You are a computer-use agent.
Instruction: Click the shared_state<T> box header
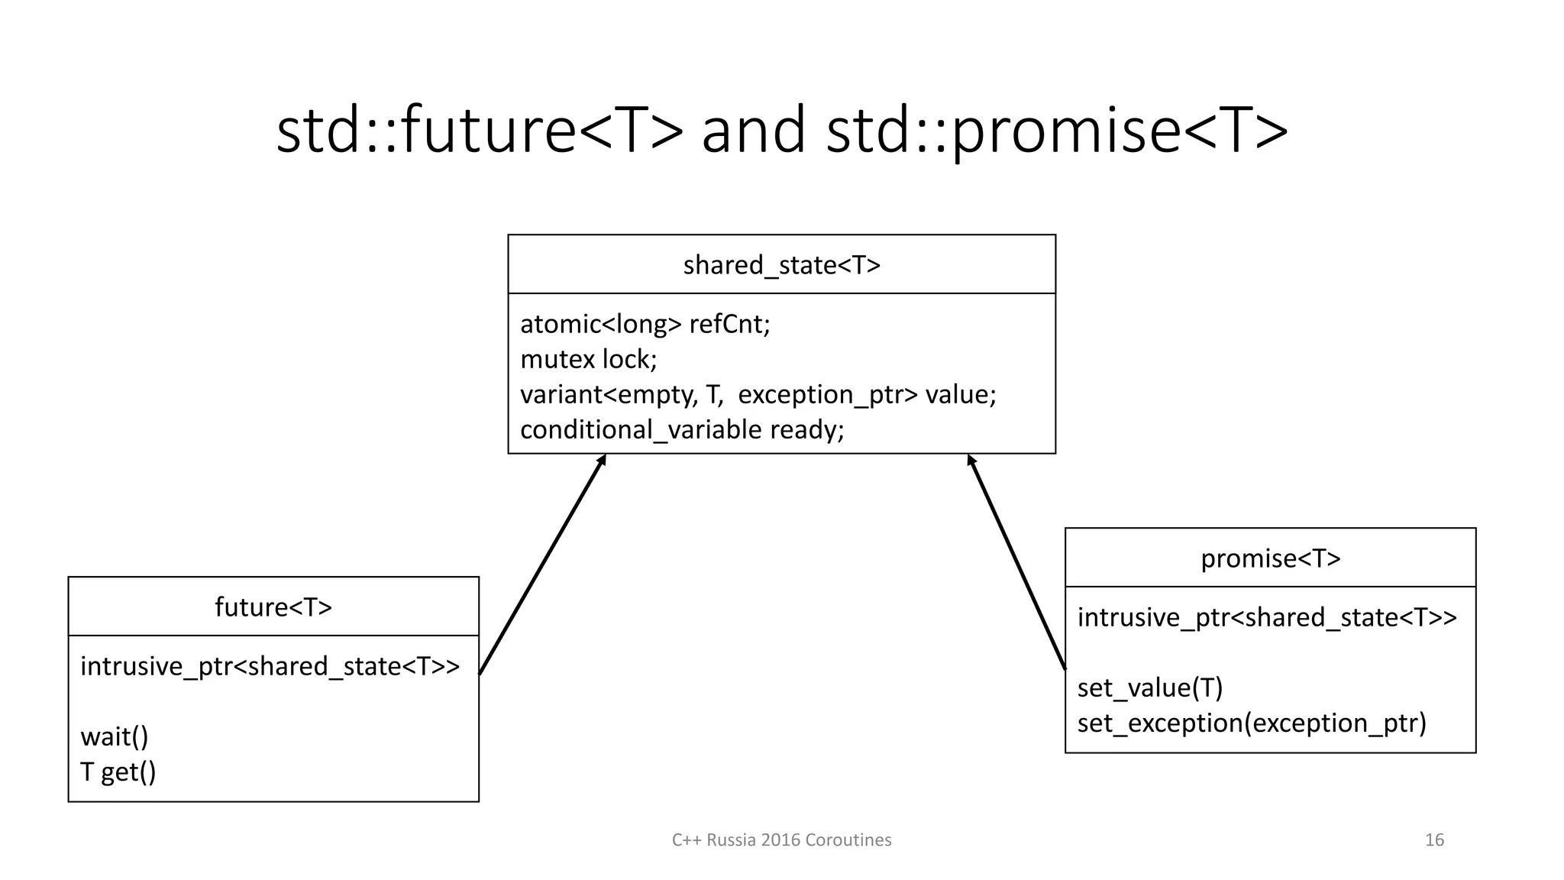click(x=781, y=265)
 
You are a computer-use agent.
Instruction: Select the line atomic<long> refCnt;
click(x=645, y=324)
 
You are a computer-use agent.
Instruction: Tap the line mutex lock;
click(x=588, y=359)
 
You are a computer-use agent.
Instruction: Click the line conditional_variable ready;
click(x=682, y=429)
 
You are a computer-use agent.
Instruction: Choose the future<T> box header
click(x=273, y=607)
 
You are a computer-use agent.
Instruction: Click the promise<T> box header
click(x=1270, y=558)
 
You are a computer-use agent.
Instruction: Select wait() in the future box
click(x=115, y=736)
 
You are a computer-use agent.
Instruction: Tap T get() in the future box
click(x=118, y=772)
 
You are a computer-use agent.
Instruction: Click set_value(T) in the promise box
click(x=1150, y=687)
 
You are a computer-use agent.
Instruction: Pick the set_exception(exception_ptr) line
click(x=1252, y=723)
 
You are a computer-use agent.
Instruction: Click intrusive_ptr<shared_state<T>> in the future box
click(x=270, y=666)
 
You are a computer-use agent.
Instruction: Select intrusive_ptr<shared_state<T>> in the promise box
click(x=1267, y=617)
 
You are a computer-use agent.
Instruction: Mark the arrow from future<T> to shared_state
click(x=542, y=565)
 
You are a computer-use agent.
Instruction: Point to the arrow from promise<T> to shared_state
click(x=1016, y=562)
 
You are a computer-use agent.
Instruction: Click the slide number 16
click(x=1434, y=840)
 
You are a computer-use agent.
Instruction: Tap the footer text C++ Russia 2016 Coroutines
click(x=781, y=840)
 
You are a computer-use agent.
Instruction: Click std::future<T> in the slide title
click(x=480, y=130)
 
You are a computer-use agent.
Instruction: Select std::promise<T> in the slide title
click(x=1058, y=130)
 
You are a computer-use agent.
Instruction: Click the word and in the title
click(x=753, y=130)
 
